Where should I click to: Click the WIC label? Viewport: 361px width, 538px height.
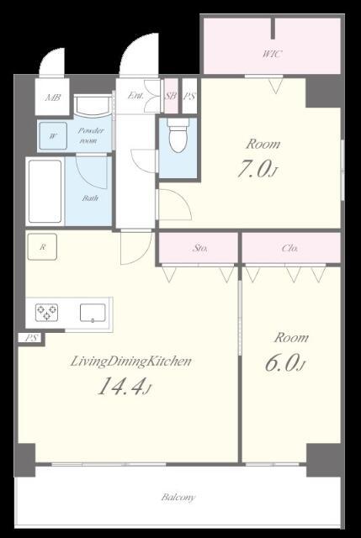273,54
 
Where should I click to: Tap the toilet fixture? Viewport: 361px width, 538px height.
178,134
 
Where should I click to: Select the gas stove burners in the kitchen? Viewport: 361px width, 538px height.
47,313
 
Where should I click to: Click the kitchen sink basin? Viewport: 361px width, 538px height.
93,313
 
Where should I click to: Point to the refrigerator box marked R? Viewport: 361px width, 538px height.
42,246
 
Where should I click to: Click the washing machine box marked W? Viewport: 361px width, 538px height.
53,136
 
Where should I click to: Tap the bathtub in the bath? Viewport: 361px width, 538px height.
45,192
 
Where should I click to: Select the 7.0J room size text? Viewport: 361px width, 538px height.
257,169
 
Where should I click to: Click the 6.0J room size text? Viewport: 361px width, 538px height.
284,363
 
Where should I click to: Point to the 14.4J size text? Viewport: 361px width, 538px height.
125,387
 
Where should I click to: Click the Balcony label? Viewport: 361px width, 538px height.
178,497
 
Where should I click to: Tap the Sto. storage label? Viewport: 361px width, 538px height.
200,248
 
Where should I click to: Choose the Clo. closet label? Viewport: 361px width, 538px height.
289,248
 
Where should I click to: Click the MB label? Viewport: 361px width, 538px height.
53,98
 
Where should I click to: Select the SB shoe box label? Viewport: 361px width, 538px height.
171,96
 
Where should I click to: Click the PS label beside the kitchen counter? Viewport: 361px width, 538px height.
31,338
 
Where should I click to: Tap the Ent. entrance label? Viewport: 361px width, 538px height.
135,96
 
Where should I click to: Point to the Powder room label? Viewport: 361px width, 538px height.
90,135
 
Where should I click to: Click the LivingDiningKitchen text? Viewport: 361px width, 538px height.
130,361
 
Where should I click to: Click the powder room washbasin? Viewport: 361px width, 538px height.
93,105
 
